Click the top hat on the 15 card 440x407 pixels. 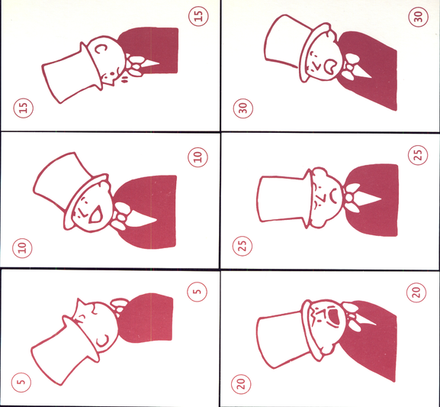(x=72, y=73)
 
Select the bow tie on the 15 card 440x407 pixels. (x=134, y=66)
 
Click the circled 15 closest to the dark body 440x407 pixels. (x=198, y=16)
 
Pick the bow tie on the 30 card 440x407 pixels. (x=351, y=67)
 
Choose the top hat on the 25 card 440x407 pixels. (x=284, y=199)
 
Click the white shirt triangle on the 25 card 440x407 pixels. (x=368, y=199)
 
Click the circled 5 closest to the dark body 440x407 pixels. (x=198, y=292)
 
